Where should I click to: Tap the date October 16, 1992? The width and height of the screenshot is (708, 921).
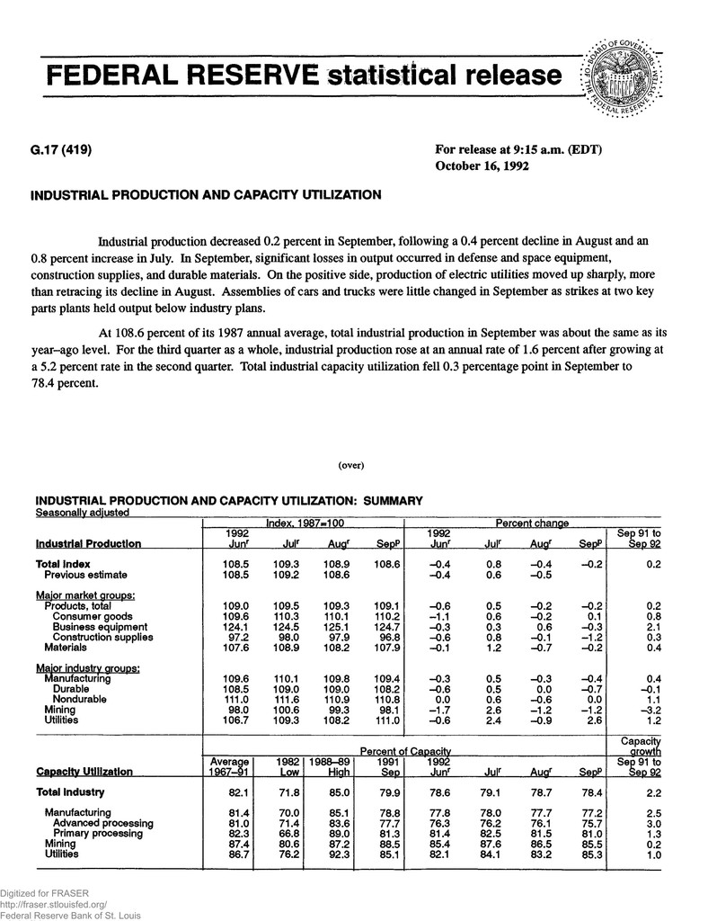[482, 165]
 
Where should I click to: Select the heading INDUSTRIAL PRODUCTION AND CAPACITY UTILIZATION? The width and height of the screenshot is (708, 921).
[206, 194]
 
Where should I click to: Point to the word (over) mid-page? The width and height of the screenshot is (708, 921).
[350, 465]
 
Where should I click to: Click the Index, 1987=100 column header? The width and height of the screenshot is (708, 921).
[304, 523]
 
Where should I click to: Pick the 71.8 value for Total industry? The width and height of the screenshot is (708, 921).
[271, 792]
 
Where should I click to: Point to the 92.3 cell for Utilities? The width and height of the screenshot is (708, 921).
[330, 854]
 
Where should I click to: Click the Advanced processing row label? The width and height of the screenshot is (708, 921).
[102, 823]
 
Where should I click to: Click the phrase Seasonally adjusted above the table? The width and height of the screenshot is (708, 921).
[82, 513]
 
